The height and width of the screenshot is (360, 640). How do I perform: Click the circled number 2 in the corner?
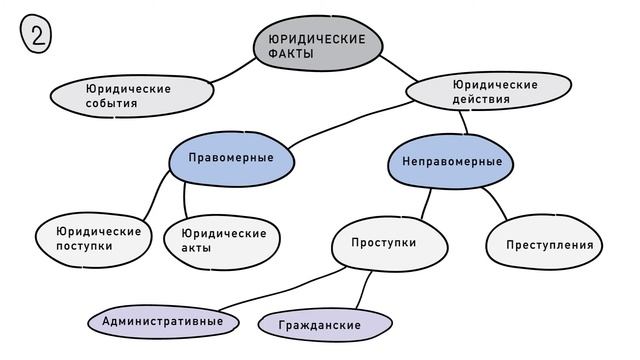point(35,37)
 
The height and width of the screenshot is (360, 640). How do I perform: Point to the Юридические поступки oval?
point(97,239)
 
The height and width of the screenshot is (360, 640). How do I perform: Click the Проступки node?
point(385,243)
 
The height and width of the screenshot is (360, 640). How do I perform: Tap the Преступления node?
point(548,245)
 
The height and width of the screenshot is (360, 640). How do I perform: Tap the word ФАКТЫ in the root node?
point(290,55)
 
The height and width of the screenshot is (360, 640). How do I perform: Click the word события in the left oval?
point(111,104)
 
